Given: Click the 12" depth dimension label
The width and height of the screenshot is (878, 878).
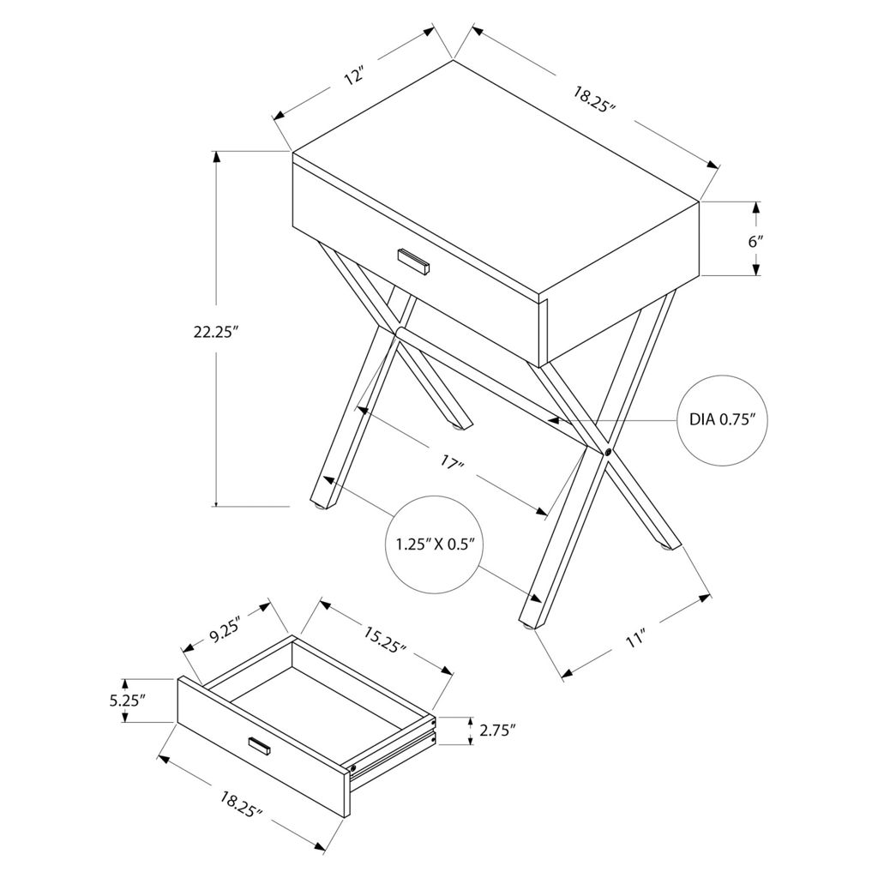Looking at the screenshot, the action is click(354, 76).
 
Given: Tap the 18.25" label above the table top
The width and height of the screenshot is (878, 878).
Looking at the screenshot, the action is click(594, 99).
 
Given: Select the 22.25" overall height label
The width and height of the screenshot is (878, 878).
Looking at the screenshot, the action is click(216, 332).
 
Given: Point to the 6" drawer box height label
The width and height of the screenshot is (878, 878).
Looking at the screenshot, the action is click(756, 242).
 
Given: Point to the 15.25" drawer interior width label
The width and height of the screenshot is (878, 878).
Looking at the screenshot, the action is click(384, 640).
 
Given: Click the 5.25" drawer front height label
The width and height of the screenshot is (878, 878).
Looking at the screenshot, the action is click(128, 701).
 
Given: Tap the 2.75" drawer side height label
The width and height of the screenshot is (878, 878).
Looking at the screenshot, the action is click(497, 731).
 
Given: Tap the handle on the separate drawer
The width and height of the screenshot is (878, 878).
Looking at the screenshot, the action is click(260, 745).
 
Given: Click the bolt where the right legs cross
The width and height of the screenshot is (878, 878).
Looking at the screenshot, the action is click(608, 451).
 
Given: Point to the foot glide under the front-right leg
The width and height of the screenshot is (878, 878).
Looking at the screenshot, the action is click(528, 626).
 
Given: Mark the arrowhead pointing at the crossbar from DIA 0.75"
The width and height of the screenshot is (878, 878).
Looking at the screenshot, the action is click(554, 418).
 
